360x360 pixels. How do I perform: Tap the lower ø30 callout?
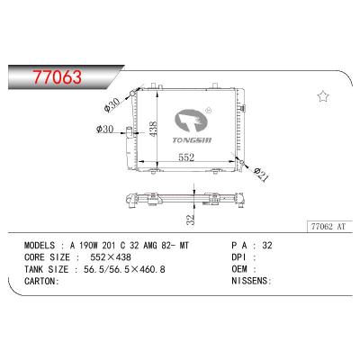(104, 132)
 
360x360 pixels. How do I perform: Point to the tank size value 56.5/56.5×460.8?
(131, 267)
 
